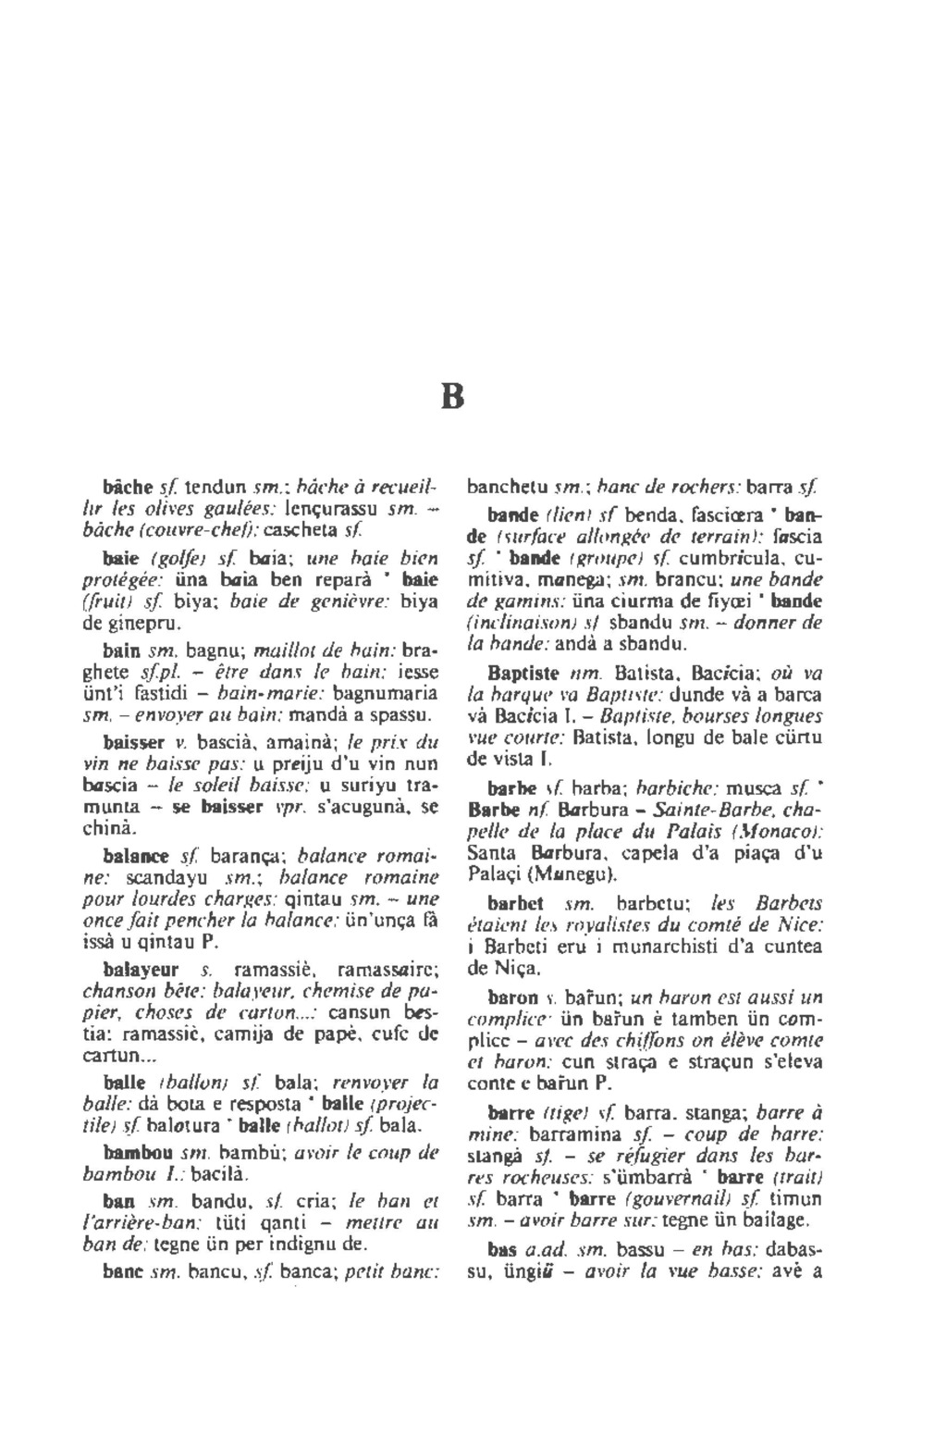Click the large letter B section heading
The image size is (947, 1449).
[451, 398]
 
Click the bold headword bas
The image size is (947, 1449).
[503, 1249]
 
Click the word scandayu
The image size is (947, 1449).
[159, 876]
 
